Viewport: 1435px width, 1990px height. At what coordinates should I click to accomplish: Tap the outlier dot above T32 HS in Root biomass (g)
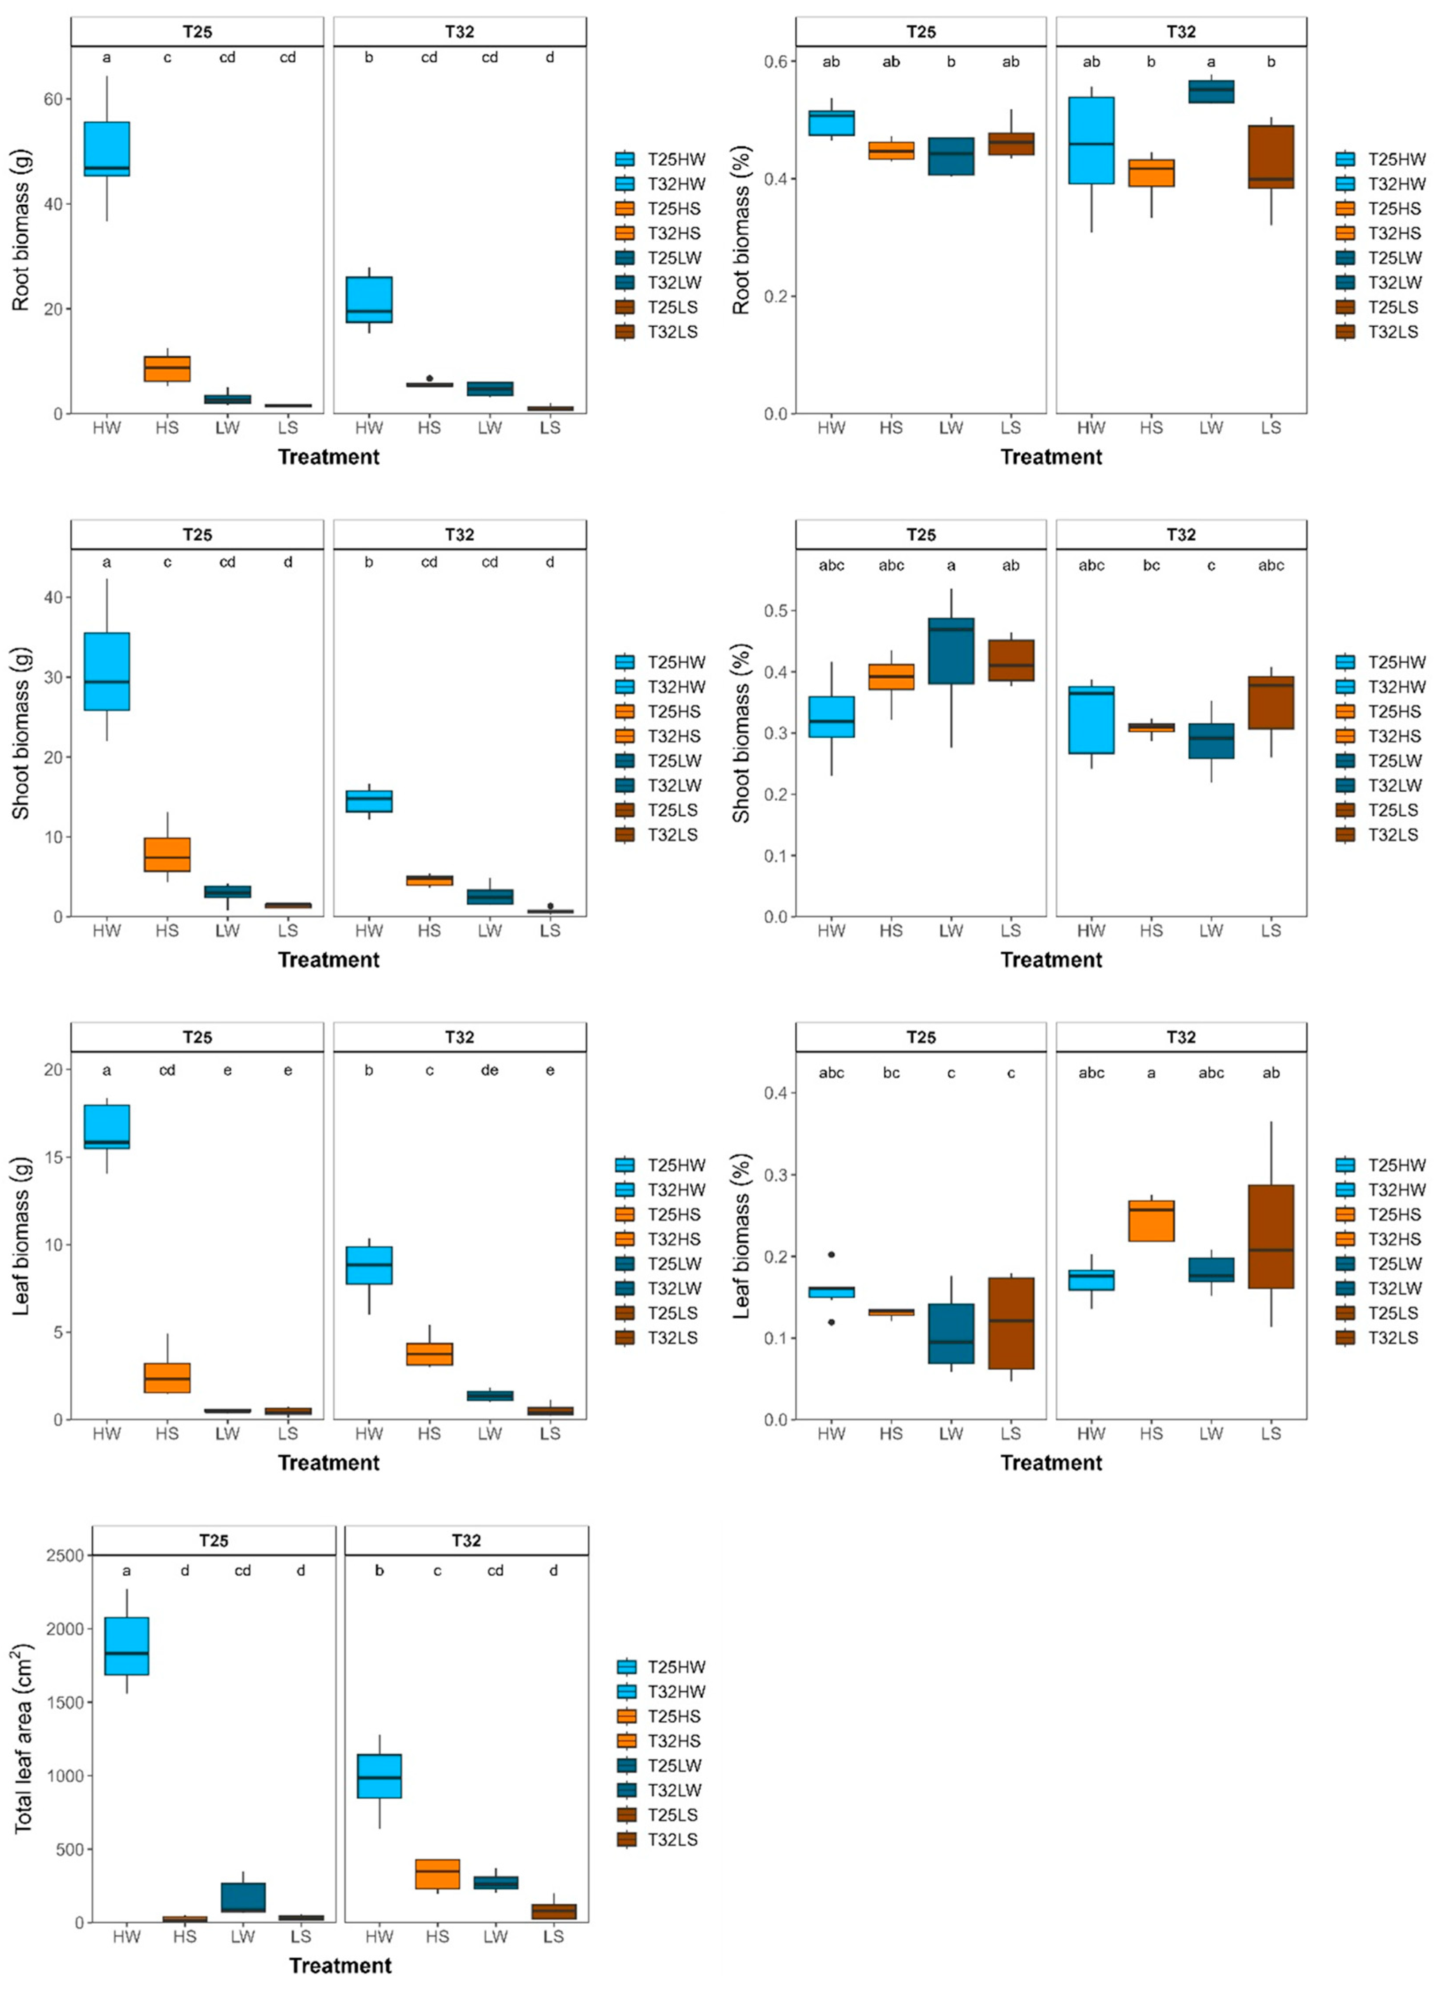click(x=429, y=378)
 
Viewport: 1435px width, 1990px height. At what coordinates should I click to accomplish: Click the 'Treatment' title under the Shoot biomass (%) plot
click(x=1051, y=960)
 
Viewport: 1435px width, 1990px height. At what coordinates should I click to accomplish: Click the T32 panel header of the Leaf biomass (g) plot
click(x=460, y=1037)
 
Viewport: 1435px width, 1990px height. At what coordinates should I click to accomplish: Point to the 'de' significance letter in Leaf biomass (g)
click(x=489, y=1070)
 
